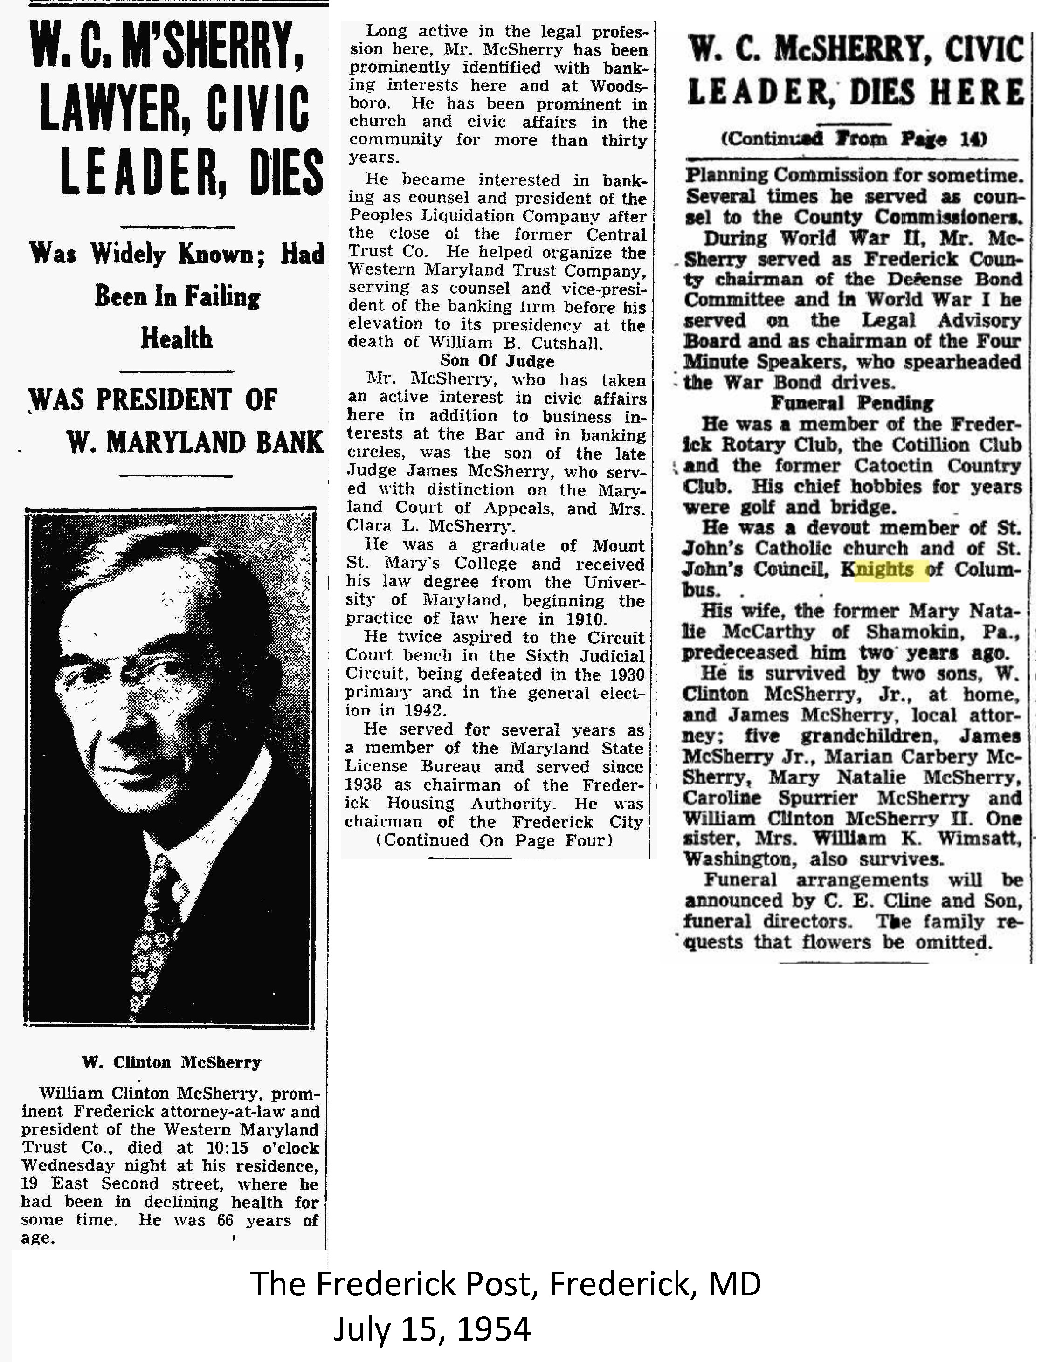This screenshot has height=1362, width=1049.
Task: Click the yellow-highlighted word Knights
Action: click(884, 570)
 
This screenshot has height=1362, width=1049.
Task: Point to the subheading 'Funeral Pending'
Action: click(851, 403)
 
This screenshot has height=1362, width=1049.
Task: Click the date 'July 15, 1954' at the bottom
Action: click(432, 1328)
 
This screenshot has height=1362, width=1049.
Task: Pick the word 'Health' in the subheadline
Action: click(177, 338)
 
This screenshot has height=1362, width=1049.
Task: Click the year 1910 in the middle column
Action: click(586, 619)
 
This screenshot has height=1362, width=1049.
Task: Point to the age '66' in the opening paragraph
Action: click(225, 1220)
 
